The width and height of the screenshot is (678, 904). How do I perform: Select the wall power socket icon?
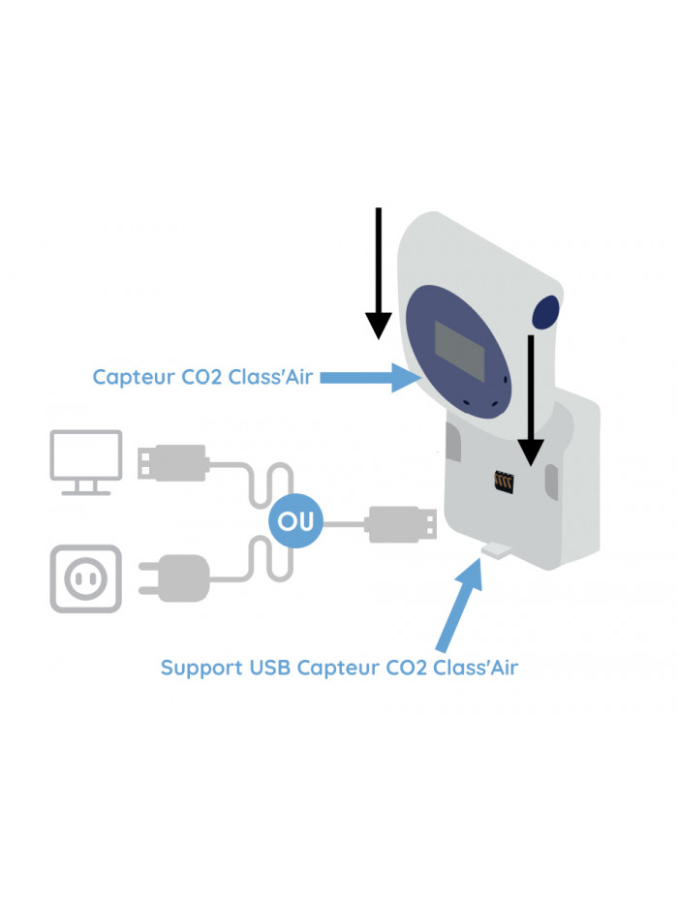point(86,578)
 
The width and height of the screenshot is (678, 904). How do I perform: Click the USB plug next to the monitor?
point(174,461)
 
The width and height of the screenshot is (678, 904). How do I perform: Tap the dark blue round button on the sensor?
point(547,312)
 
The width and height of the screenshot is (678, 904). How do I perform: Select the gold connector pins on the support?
point(503,481)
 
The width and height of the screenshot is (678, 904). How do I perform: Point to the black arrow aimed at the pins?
point(531,397)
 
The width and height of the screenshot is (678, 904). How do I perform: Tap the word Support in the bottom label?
point(200,668)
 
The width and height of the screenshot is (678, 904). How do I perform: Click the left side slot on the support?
point(452,447)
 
